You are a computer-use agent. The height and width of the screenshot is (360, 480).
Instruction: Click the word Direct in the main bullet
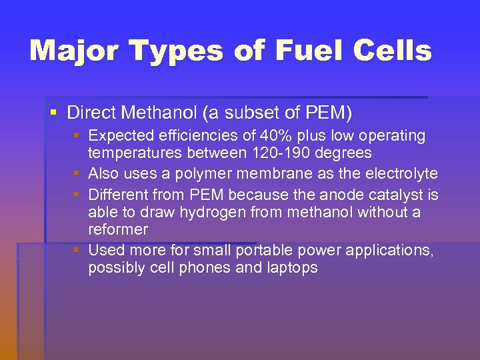click(89, 113)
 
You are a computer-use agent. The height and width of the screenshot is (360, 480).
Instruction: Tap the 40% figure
click(276, 136)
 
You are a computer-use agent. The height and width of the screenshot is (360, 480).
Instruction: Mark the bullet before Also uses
click(78, 174)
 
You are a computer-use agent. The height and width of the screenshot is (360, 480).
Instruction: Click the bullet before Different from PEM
click(78, 195)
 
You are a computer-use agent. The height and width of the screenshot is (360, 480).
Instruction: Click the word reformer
click(118, 230)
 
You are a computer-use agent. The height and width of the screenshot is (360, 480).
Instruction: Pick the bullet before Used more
click(78, 251)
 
